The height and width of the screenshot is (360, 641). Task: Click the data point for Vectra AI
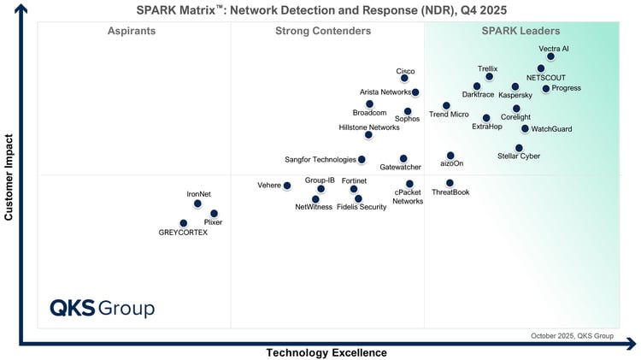point(550,57)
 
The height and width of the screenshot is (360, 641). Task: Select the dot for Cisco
point(404,79)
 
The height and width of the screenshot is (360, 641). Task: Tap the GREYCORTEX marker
point(183,223)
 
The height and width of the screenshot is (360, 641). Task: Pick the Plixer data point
point(214,214)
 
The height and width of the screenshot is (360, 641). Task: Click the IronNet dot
point(197,204)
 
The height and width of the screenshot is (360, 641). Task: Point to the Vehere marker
point(287,186)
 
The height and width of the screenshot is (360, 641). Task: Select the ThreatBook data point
point(450,183)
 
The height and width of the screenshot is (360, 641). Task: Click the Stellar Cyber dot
point(519,148)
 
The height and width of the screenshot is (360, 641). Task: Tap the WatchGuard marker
point(525,129)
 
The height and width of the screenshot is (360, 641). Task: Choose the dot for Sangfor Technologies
point(362,160)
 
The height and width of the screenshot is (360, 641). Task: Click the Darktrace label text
point(478,95)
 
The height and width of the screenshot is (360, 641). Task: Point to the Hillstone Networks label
point(369,127)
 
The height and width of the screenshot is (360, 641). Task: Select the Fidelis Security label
point(362,207)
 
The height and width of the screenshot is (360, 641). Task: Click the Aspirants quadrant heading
point(131,32)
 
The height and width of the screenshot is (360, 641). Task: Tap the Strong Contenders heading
point(323,32)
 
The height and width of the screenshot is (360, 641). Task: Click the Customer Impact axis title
point(9,177)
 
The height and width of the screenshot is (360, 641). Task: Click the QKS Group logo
point(102,308)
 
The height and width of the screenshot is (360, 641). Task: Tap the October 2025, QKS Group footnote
point(572,336)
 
